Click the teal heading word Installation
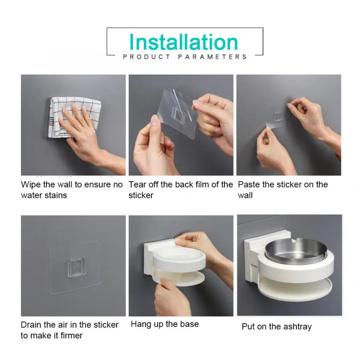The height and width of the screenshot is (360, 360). click(184, 42)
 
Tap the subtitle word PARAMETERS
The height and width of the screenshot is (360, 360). click(212, 57)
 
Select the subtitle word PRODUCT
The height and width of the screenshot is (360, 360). click(147, 57)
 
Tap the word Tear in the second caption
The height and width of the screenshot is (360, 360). click(137, 184)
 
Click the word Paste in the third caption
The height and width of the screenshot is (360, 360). click(249, 184)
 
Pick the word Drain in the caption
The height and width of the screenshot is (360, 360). click(31, 325)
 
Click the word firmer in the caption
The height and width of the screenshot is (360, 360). click(71, 336)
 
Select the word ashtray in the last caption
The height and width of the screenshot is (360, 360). click(297, 327)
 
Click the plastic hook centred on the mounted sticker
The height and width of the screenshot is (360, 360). click(75, 268)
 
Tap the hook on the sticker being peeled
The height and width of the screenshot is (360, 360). click(178, 115)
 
